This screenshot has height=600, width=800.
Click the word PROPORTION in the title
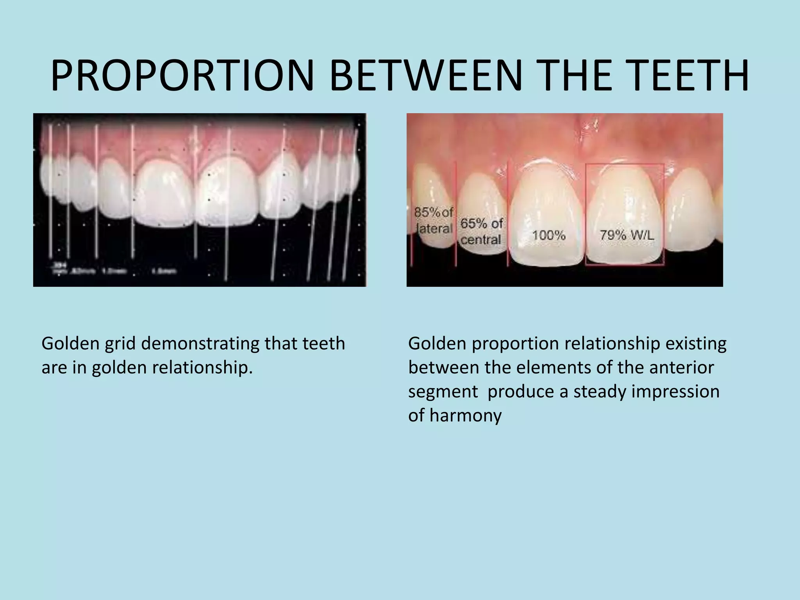[183, 76]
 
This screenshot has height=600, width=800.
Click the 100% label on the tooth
[549, 235]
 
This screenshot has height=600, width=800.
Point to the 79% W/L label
[627, 235]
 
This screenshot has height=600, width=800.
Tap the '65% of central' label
[481, 231]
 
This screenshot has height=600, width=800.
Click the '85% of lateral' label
[433, 220]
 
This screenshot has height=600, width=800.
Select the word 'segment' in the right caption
[443, 391]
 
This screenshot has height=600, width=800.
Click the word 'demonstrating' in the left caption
[200, 344]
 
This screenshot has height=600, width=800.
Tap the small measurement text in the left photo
[113, 270]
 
